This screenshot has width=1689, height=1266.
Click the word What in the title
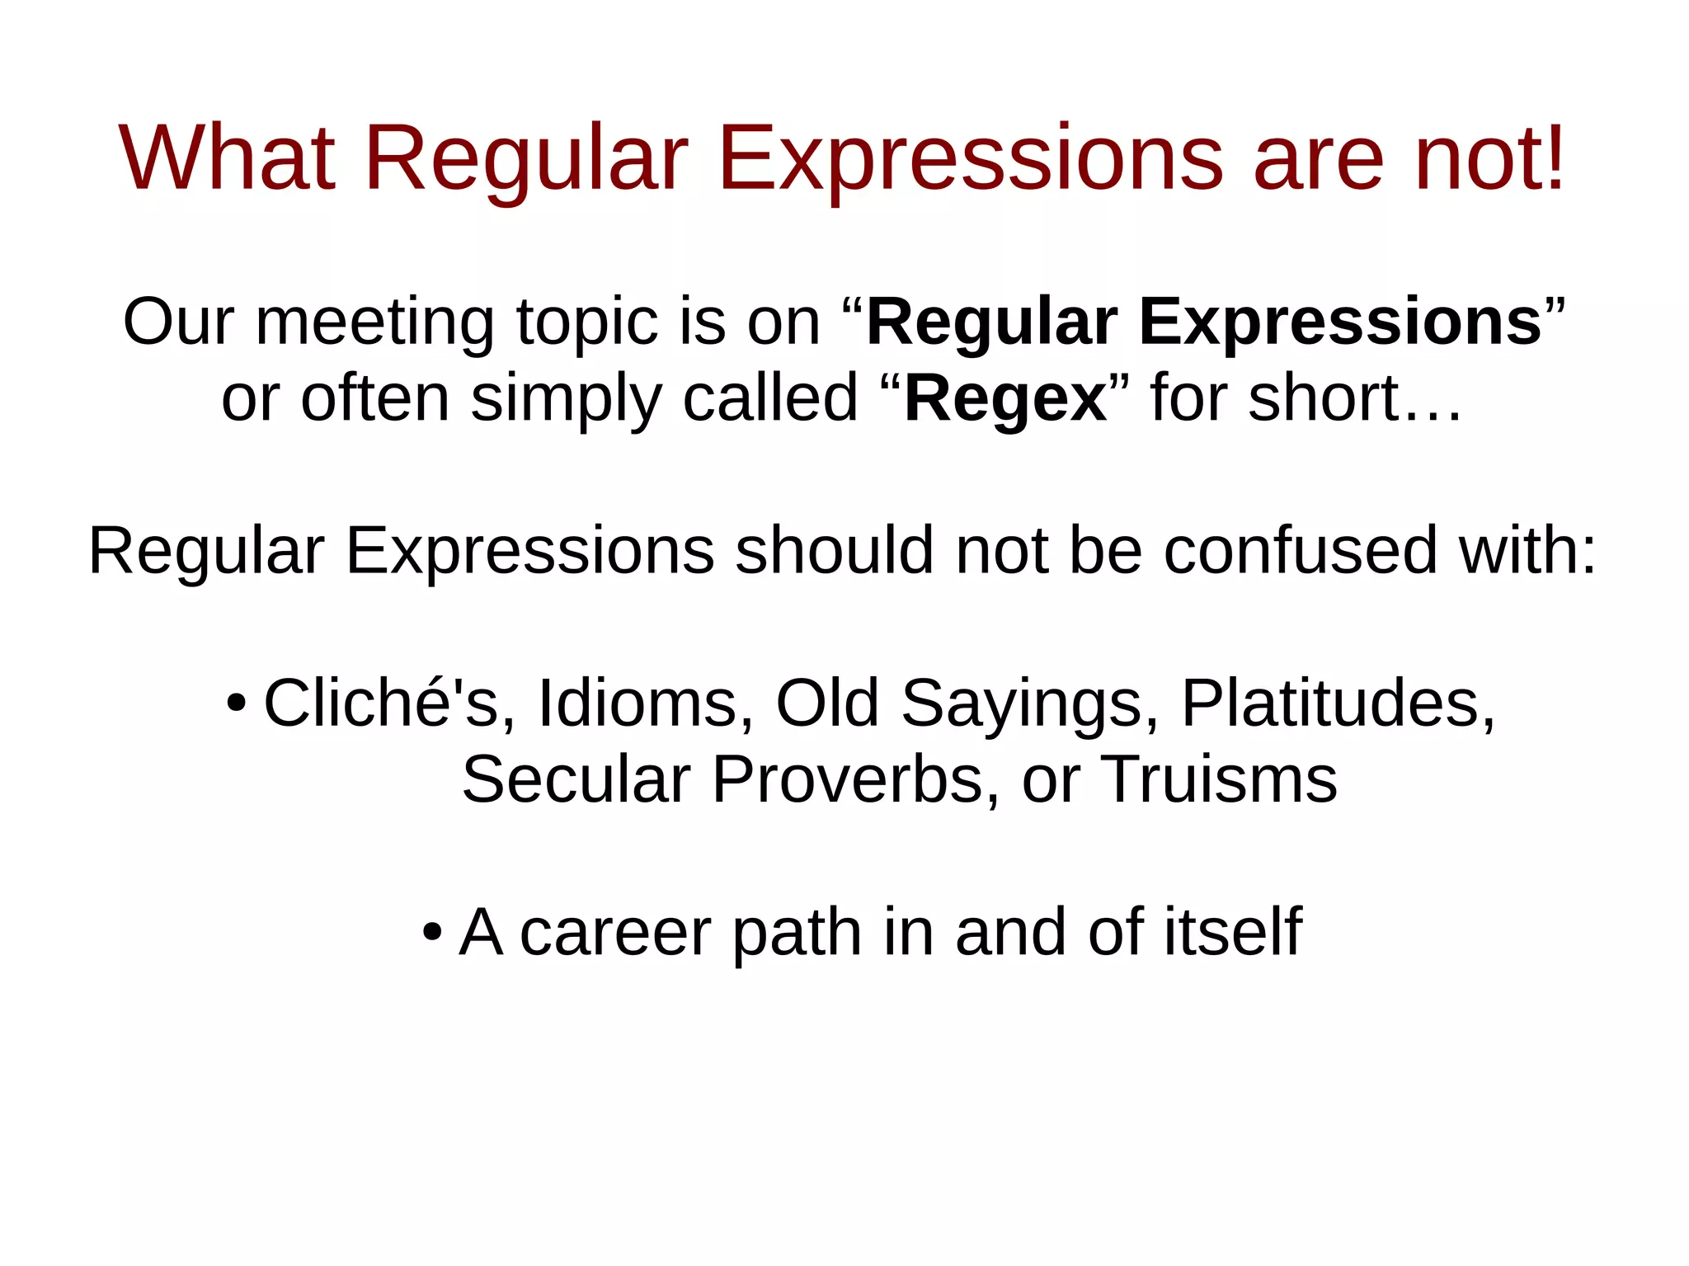coord(227,158)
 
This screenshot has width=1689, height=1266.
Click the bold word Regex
coord(1005,399)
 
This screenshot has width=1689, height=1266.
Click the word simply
coord(566,399)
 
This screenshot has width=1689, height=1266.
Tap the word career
coord(615,932)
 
